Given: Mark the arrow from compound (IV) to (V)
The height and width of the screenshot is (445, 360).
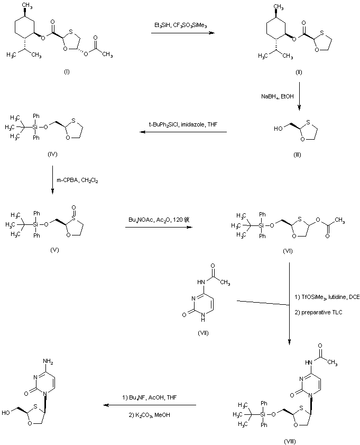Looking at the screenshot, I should click(53, 181).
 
